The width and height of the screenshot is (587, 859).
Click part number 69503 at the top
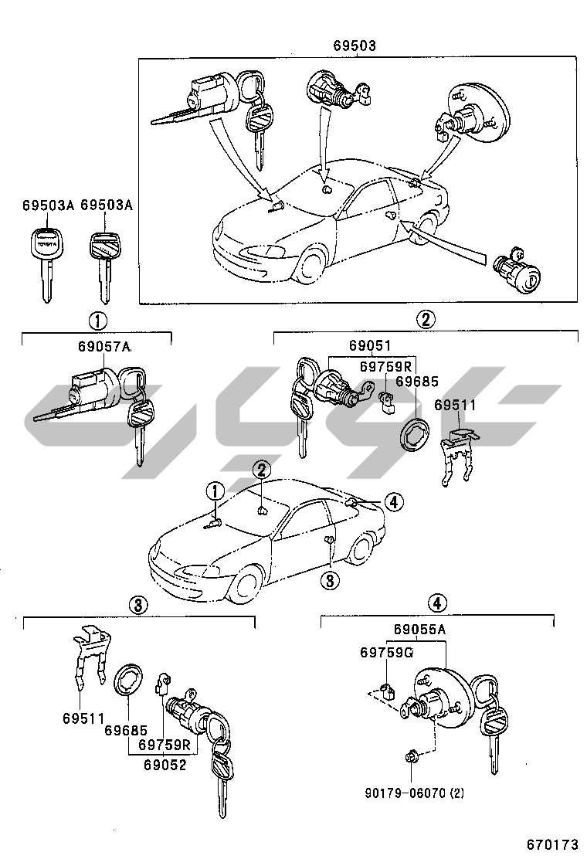tap(355, 46)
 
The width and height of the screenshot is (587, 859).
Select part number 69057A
tap(105, 348)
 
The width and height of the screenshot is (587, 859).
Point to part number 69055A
tap(419, 630)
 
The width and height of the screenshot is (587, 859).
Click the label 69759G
tap(386, 654)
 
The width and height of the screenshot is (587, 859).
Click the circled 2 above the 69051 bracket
tap(426, 319)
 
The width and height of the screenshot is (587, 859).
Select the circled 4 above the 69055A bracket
tap(436, 603)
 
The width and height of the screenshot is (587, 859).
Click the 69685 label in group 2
tap(416, 381)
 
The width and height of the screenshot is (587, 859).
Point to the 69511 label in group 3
tap(84, 718)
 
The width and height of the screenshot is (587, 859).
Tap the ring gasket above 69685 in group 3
tap(126, 677)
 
